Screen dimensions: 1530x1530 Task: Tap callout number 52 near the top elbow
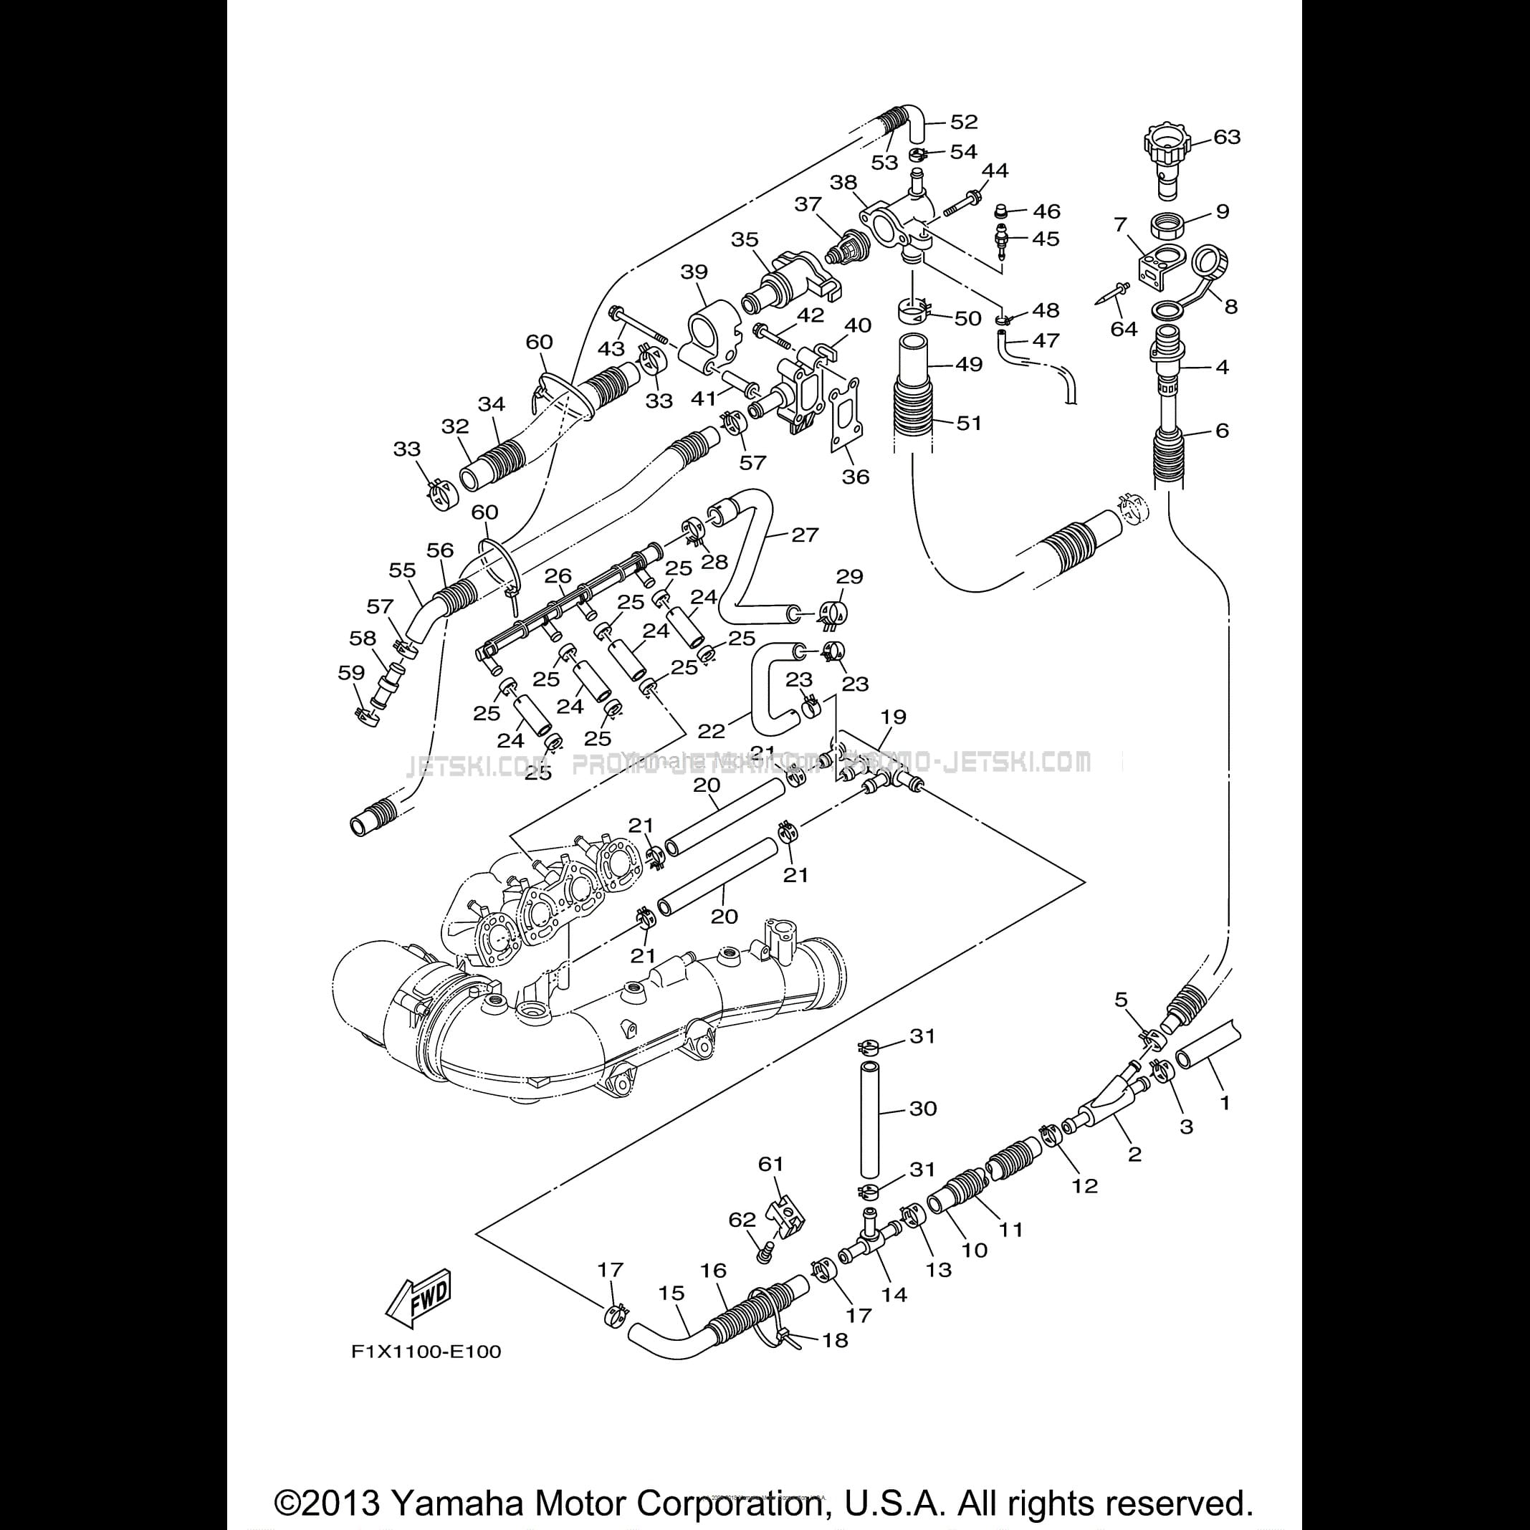964,122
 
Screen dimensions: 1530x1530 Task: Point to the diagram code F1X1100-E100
426,1351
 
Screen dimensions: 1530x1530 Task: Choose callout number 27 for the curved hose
805,535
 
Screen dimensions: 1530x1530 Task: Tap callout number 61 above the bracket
770,1164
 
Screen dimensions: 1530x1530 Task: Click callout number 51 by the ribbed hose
969,423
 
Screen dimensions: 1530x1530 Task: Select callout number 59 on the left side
351,673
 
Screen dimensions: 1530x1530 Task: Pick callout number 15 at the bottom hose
671,1294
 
